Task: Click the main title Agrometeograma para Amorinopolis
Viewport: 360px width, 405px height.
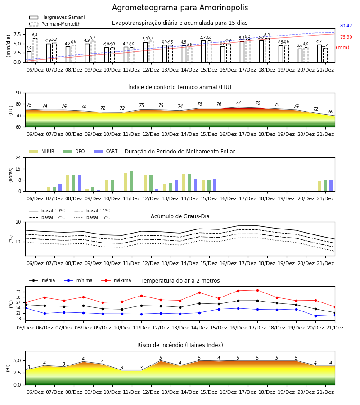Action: point(180,8)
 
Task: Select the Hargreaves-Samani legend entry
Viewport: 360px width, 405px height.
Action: point(57,17)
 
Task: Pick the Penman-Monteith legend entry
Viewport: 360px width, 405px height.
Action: point(55,24)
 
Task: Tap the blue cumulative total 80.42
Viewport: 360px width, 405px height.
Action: point(346,26)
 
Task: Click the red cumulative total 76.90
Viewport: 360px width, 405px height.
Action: point(346,37)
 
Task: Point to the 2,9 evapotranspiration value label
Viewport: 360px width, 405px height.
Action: point(29,48)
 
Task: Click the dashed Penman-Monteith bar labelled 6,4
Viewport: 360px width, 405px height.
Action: point(35,50)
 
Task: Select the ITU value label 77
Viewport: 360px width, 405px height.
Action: point(238,103)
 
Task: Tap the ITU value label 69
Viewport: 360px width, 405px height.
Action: point(331,112)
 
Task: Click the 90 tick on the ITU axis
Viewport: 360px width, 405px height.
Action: point(18,93)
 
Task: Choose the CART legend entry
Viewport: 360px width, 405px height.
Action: point(106,151)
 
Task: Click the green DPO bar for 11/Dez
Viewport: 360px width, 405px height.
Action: point(132,181)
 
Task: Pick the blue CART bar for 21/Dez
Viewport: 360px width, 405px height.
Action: point(331,186)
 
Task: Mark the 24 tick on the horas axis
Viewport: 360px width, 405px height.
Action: point(18,157)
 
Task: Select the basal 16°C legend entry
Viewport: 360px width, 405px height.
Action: point(92,218)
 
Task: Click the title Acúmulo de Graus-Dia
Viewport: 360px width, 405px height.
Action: point(180,216)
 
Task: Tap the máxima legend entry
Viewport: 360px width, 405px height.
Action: point(117,280)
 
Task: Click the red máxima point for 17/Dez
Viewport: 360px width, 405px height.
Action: point(257,290)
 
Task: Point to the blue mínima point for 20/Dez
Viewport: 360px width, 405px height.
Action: point(315,316)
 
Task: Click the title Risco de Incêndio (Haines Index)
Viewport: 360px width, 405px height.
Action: point(180,345)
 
